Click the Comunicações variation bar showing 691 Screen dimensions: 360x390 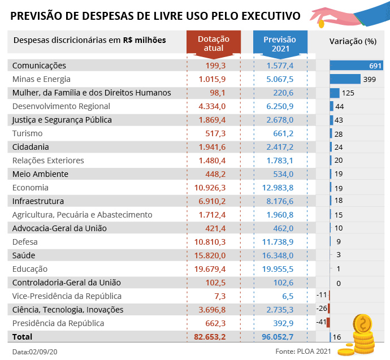click(x=356, y=66)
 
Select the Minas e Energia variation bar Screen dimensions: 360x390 click(x=345, y=79)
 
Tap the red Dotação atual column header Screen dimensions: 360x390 click(x=213, y=44)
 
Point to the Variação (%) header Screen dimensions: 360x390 click(x=353, y=41)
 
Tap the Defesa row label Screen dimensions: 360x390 click(x=27, y=242)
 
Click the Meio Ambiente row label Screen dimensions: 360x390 click(x=40, y=174)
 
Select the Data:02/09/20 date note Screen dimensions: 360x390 click(x=35, y=352)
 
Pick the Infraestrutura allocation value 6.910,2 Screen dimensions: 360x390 click(x=211, y=201)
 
